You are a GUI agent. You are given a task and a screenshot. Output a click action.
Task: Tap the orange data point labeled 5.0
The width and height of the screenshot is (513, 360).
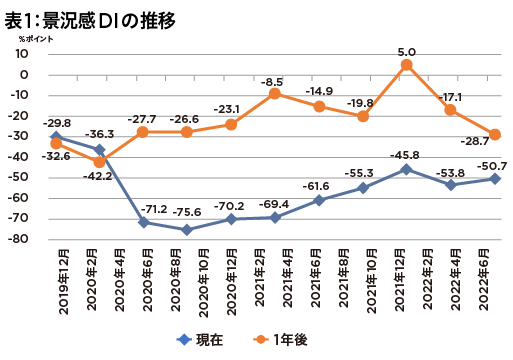click(407, 65)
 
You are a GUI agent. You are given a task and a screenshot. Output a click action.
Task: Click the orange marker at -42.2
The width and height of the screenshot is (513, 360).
click(99, 162)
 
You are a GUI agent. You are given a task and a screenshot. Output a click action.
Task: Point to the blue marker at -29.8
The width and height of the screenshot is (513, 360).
click(56, 136)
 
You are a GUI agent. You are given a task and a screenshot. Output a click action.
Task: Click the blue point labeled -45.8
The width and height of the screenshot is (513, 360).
click(407, 169)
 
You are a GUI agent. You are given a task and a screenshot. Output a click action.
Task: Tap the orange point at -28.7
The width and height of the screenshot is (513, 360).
click(495, 134)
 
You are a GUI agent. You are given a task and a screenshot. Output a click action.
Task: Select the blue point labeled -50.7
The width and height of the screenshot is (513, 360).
click(495, 179)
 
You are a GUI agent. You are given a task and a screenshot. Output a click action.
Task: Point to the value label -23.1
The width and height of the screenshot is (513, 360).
click(231, 109)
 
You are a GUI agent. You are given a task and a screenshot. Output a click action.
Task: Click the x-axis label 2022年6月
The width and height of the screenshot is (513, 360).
click(495, 281)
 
